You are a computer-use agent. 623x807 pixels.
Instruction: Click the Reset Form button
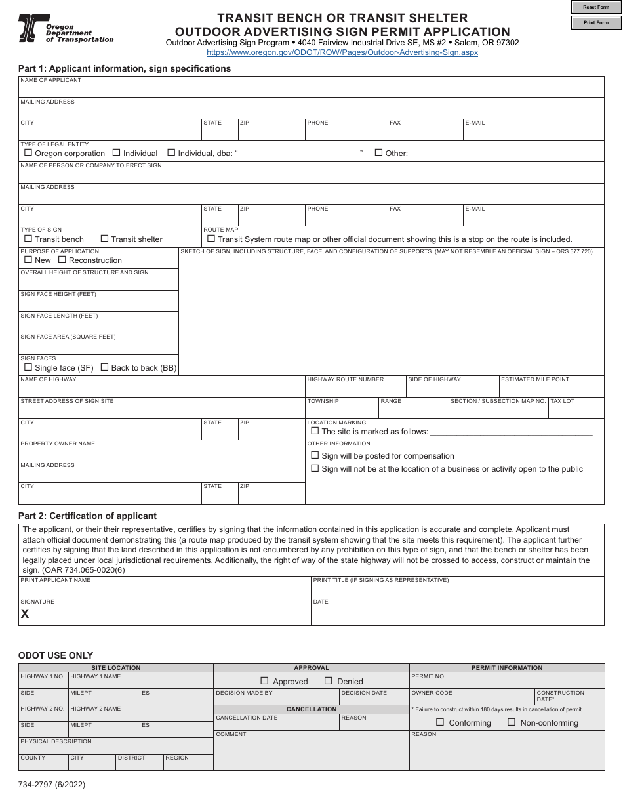(x=596, y=7)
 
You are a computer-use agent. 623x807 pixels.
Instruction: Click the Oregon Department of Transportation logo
(x=66, y=29)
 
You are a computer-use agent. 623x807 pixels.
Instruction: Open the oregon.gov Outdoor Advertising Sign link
(x=342, y=52)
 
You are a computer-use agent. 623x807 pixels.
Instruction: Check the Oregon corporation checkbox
(x=28, y=153)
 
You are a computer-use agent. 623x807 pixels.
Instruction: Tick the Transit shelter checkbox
(x=104, y=239)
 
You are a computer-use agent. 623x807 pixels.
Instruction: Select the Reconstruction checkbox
(x=62, y=260)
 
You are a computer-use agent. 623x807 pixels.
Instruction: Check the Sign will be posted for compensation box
(x=315, y=455)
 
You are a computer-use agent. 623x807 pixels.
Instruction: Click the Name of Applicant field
(x=311, y=89)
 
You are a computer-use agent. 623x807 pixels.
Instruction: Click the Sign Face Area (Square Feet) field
(x=98, y=346)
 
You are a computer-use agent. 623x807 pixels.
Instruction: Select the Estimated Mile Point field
(x=551, y=388)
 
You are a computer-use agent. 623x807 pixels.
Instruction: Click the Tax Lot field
(x=576, y=410)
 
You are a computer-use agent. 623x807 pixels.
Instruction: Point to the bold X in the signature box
(x=25, y=614)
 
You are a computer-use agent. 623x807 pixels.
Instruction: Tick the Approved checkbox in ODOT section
(x=265, y=681)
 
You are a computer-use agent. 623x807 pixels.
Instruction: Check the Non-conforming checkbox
(x=512, y=722)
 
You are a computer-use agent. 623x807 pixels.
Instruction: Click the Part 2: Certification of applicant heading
(x=87, y=516)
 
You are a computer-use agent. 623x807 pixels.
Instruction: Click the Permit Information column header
(x=507, y=668)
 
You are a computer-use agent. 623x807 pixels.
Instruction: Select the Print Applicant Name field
(x=164, y=589)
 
